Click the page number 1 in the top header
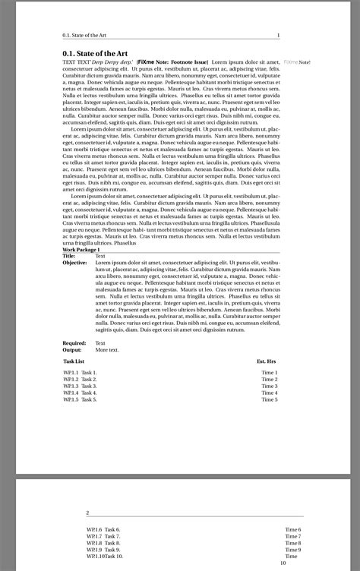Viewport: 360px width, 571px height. point(279,35)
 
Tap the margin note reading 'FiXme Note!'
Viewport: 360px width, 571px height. point(297,62)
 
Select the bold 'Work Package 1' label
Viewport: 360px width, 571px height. point(81,249)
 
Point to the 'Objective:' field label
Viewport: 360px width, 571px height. point(74,263)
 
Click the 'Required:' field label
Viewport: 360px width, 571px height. point(74,343)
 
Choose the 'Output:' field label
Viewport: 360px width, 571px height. point(72,350)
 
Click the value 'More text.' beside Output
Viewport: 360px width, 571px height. point(107,350)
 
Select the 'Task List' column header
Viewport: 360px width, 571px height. point(74,362)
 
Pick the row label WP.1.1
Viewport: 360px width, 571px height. point(71,373)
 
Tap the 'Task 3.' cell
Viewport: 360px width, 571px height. point(90,386)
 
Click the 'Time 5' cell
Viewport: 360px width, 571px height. point(270,399)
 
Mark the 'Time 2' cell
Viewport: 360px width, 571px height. point(270,380)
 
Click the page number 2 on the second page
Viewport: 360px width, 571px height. point(87,513)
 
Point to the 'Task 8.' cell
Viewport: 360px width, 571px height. point(112,543)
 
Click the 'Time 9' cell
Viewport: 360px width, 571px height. point(293,550)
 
